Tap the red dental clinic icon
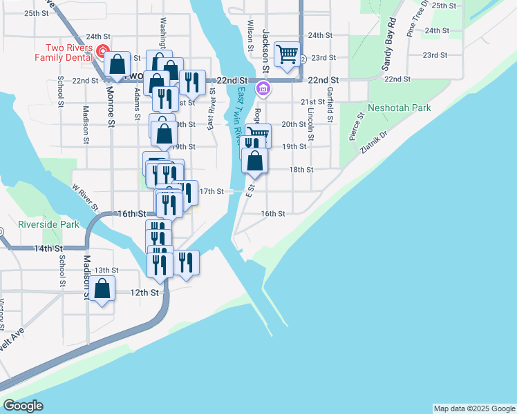coord(102,50)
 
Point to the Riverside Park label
coord(48,224)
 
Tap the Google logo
coord(23,406)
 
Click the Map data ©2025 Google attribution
coord(473,408)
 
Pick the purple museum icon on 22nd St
coord(263,89)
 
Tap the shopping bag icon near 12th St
coord(102,289)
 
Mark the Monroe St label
coord(110,106)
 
